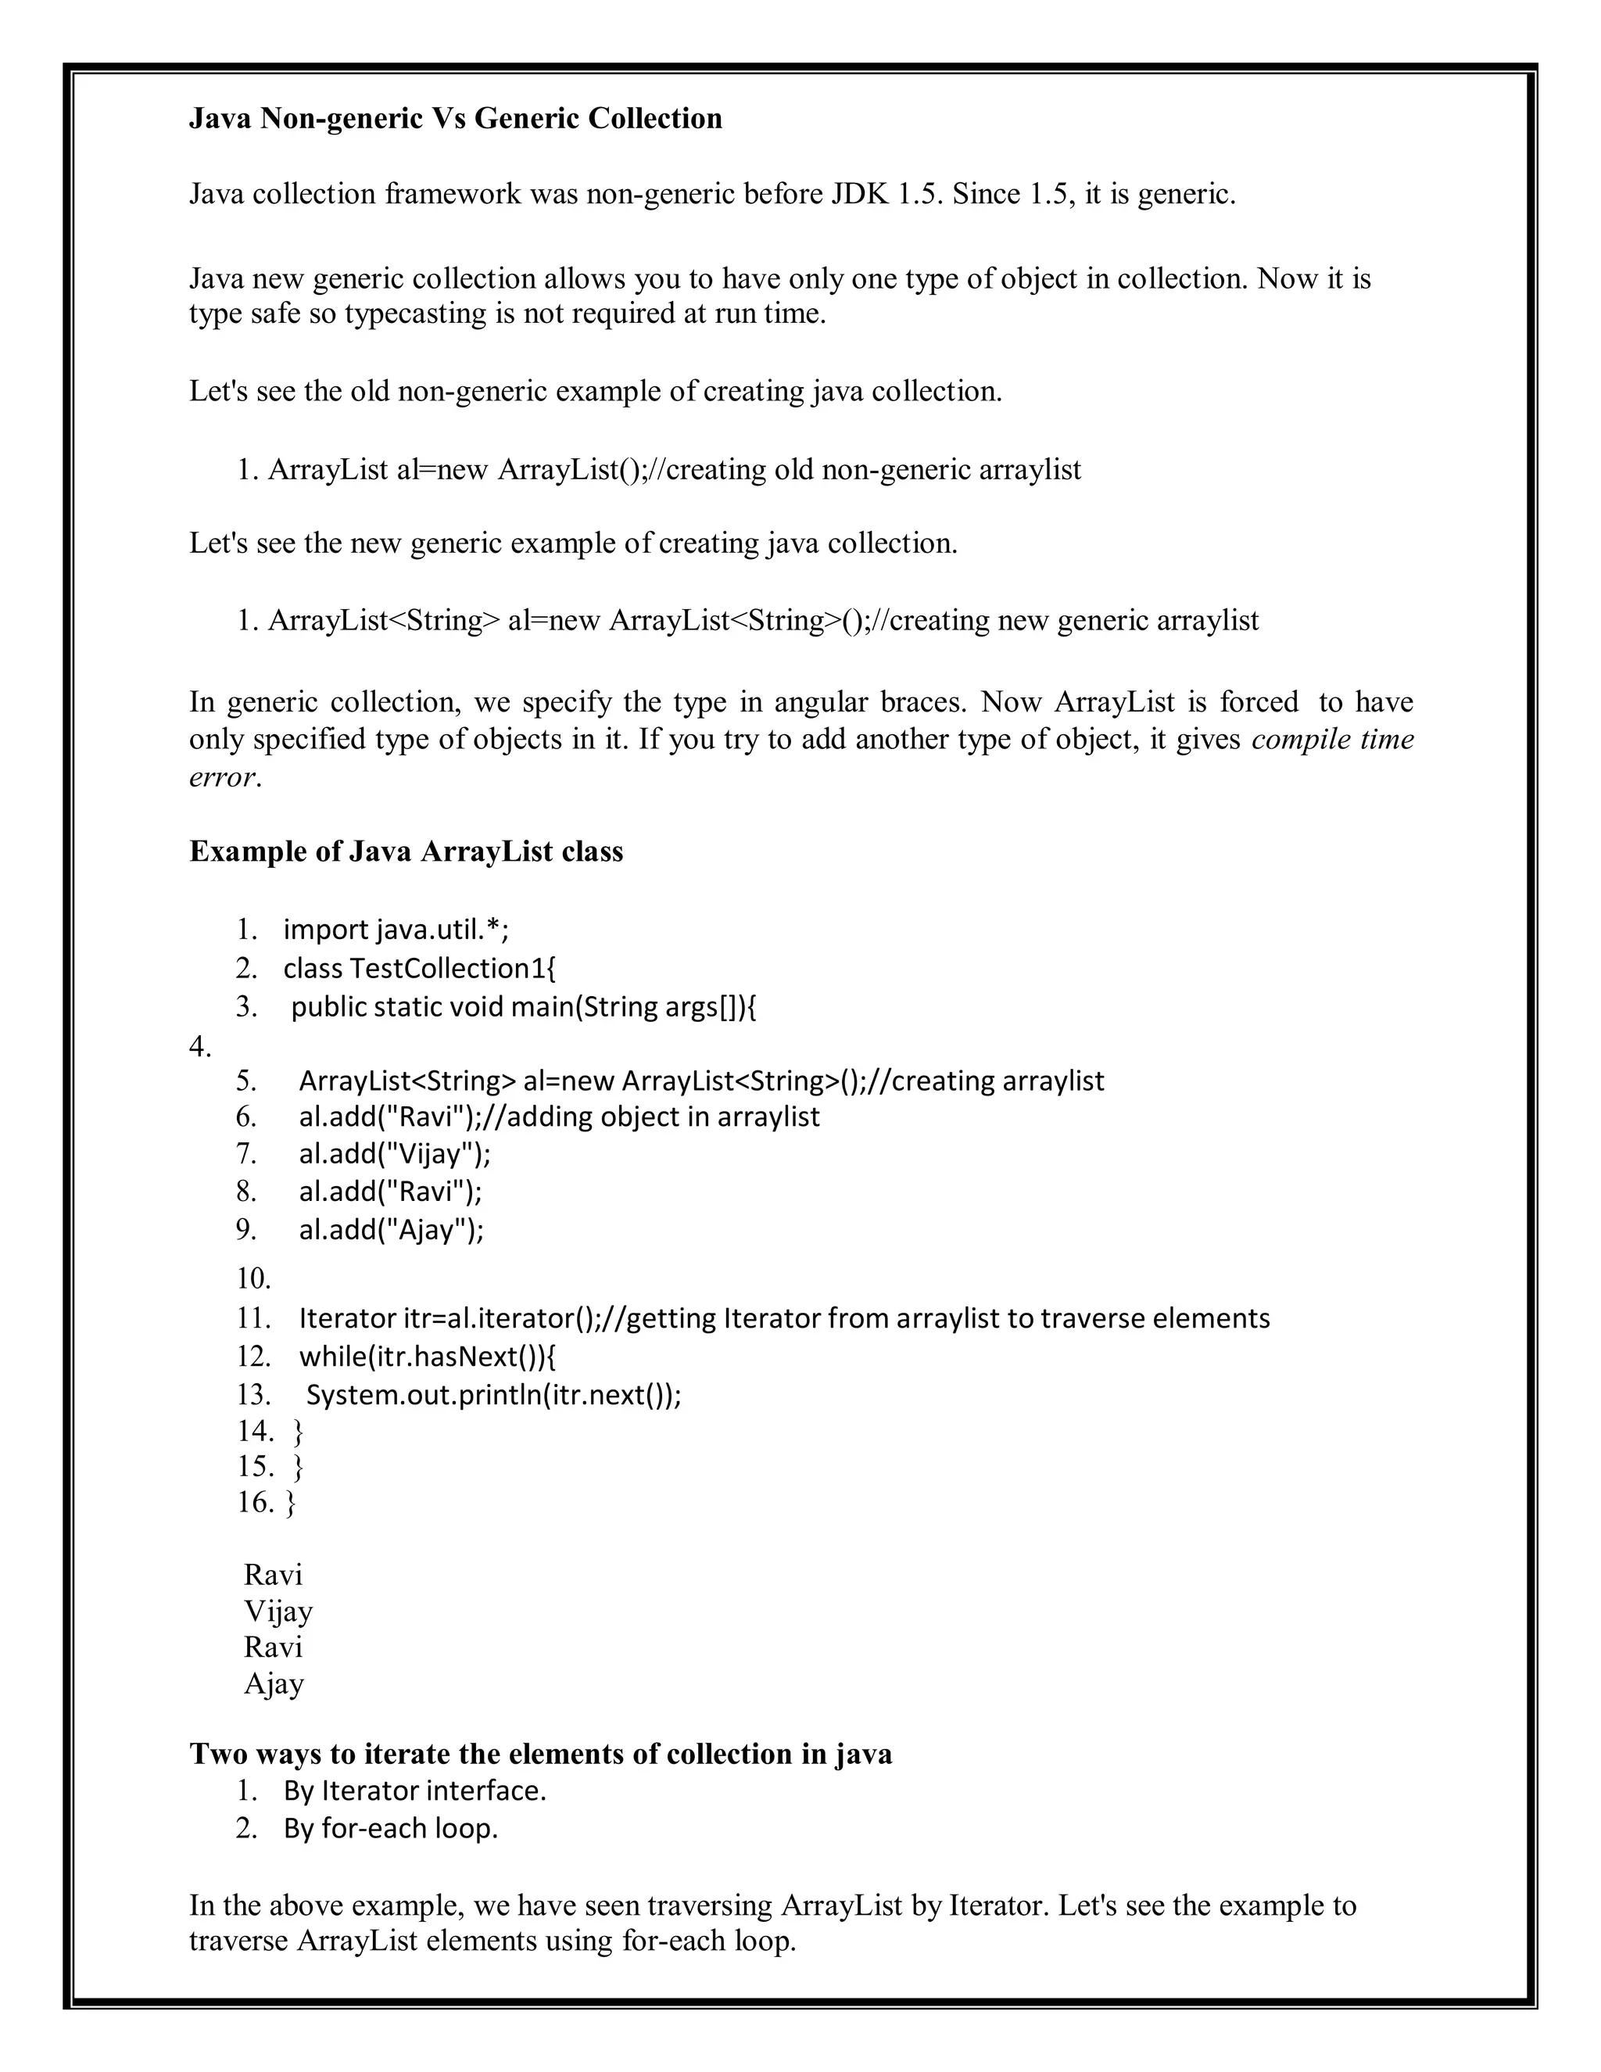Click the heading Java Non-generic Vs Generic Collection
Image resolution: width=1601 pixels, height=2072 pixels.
(x=455, y=119)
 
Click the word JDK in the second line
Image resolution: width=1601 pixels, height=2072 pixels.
(x=859, y=195)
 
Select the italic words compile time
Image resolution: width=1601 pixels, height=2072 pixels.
(x=1331, y=739)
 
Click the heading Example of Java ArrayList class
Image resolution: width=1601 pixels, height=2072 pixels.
(x=406, y=851)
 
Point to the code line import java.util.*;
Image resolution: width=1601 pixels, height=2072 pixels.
(x=396, y=930)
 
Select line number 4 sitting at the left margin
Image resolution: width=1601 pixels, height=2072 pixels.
(x=199, y=1046)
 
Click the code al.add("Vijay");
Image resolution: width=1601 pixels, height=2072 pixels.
(x=395, y=1155)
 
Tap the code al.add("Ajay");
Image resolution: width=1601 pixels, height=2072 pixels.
(x=391, y=1231)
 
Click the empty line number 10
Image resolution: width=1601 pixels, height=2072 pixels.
(x=253, y=1279)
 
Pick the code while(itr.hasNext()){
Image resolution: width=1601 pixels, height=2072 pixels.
(x=428, y=1357)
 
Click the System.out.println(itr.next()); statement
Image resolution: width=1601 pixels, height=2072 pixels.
(x=493, y=1396)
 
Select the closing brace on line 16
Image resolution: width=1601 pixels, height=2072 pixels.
(x=290, y=1503)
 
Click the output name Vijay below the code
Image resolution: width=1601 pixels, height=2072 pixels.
(x=278, y=1611)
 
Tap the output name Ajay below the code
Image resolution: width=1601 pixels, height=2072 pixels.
(x=274, y=1683)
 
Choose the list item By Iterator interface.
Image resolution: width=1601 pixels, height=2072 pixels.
(x=414, y=1791)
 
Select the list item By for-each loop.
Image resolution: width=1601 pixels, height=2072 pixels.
(x=390, y=1828)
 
